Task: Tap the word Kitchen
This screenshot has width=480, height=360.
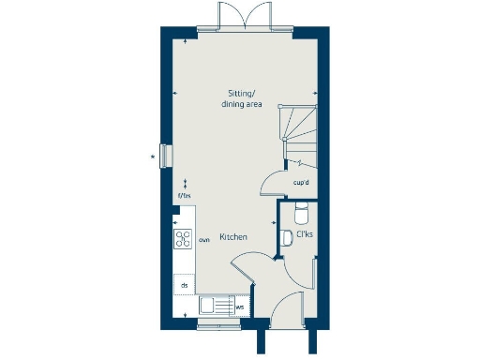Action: pyautogui.click(x=233, y=237)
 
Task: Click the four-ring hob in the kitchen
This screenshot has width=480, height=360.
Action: pyautogui.click(x=183, y=238)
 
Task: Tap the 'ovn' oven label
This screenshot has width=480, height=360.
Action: pyautogui.click(x=203, y=240)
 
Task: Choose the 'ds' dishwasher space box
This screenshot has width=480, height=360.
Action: pyautogui.click(x=185, y=284)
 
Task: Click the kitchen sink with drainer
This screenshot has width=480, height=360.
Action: pyautogui.click(x=215, y=306)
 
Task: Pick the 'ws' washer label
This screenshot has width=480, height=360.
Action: pyautogui.click(x=240, y=306)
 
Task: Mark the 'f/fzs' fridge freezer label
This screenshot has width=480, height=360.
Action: pyautogui.click(x=185, y=196)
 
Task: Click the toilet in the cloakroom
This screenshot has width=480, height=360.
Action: pyautogui.click(x=301, y=209)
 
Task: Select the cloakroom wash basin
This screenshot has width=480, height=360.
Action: pyautogui.click(x=287, y=239)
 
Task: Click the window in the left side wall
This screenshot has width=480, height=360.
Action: pyautogui.click(x=166, y=156)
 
